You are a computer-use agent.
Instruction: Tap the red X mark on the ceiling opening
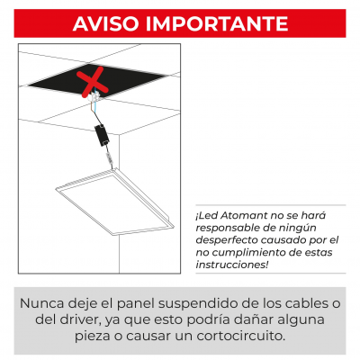[93, 82]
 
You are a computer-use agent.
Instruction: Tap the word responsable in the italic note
[225, 229]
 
